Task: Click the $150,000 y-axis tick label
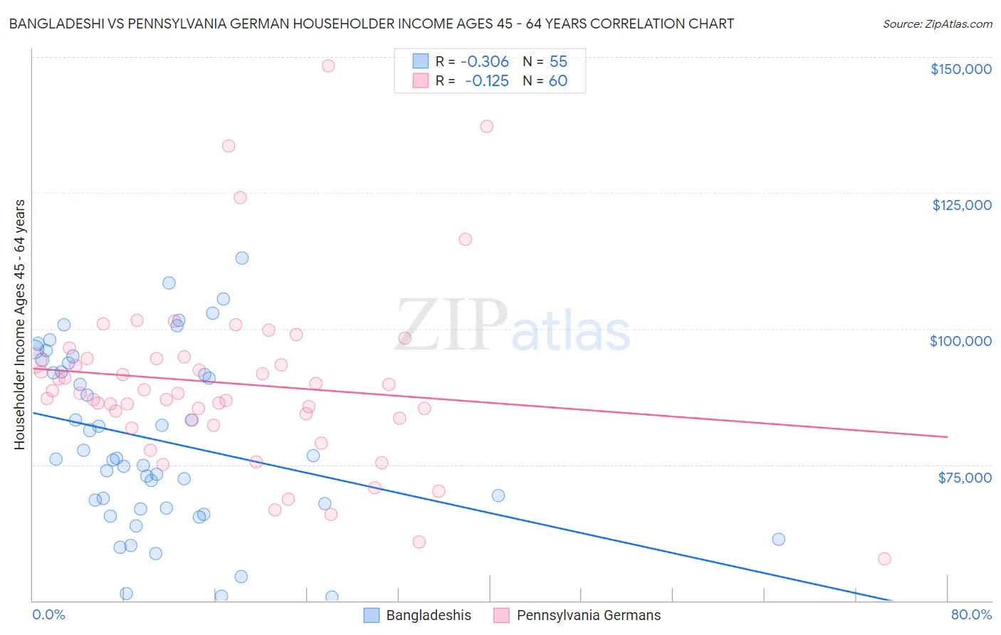pyautogui.click(x=960, y=69)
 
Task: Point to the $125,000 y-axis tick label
pyautogui.click(x=961, y=205)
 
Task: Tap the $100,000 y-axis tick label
pyautogui.click(x=960, y=341)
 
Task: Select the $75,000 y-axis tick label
pyautogui.click(x=964, y=477)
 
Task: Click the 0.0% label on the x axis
pyautogui.click(x=48, y=614)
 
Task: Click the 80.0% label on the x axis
pyautogui.click(x=971, y=614)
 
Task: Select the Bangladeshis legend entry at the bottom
pyautogui.click(x=418, y=615)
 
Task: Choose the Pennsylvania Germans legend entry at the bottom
pyautogui.click(x=577, y=615)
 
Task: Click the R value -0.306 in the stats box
pyautogui.click(x=484, y=62)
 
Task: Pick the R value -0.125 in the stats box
pyautogui.click(x=486, y=81)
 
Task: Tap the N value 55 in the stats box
pyautogui.click(x=558, y=62)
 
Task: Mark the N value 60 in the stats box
pyautogui.click(x=558, y=81)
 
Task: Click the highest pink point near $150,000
pyautogui.click(x=328, y=65)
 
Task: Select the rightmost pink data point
pyautogui.click(x=884, y=559)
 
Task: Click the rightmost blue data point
pyautogui.click(x=778, y=539)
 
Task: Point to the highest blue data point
pyautogui.click(x=242, y=258)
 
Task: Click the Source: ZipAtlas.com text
pyautogui.click(x=937, y=24)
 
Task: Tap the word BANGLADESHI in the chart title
pyautogui.click(x=55, y=24)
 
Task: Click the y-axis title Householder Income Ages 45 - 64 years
pyautogui.click(x=20, y=325)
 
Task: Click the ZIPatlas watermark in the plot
pyautogui.click(x=513, y=327)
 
